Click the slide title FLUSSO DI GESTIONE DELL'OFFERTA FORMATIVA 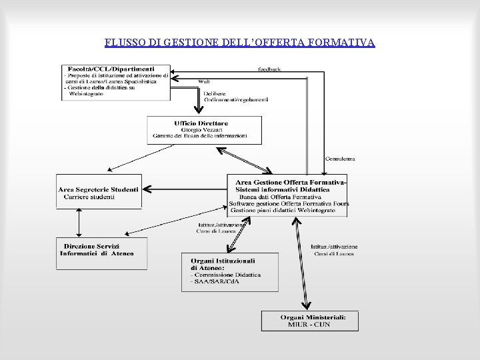click(240, 43)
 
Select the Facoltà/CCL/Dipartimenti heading click(110, 68)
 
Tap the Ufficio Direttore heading click(201, 123)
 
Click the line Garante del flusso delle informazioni click(200, 135)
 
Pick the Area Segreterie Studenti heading click(99, 190)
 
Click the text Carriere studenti click(89, 197)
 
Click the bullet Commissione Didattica click(227, 274)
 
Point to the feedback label click(269, 69)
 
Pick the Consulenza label click(340, 159)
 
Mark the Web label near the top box click(205, 81)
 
